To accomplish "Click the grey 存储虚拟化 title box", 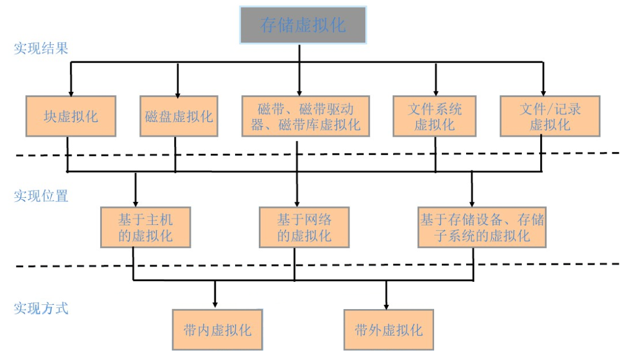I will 303,25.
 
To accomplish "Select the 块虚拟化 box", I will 71,116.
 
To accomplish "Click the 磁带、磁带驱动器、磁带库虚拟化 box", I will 306,116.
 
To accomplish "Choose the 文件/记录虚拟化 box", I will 544,116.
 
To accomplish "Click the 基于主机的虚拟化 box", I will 146,227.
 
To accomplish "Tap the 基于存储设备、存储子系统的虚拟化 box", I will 481,227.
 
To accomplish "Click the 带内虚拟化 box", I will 217,329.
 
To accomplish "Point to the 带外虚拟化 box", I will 389,329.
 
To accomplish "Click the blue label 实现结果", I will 41,49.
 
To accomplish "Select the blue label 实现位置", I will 41,196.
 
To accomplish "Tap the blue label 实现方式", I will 41,308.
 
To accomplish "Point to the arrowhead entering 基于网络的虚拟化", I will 297,203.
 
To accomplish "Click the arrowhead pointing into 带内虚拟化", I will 215,305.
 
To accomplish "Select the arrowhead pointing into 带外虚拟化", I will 387,305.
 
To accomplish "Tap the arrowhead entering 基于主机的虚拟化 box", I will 136,203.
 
